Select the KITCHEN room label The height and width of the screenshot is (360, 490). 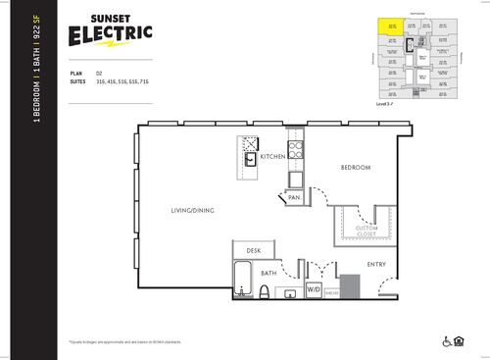271,157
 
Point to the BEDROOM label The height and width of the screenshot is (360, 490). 355,168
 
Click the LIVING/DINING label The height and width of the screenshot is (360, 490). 193,210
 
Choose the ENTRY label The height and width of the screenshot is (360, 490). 376,264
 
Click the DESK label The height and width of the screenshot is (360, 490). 253,251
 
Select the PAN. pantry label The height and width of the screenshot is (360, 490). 294,198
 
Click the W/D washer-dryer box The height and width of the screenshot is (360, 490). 314,290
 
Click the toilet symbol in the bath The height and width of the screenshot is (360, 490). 265,290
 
